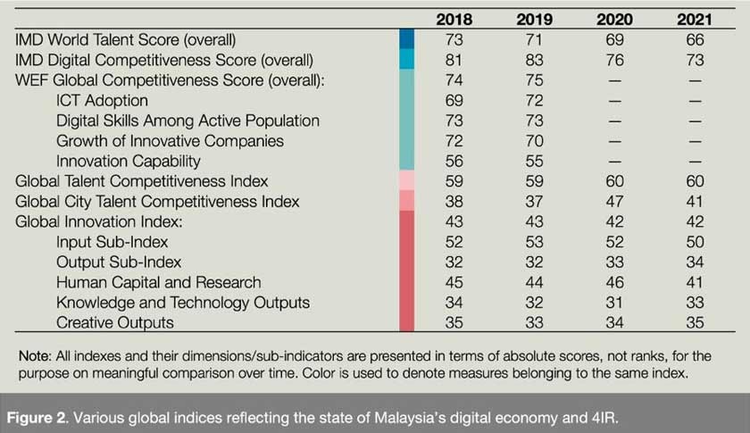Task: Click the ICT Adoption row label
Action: (x=102, y=101)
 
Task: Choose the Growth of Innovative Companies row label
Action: (x=170, y=141)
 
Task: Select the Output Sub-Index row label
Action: (x=119, y=262)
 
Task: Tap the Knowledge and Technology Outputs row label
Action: (x=183, y=303)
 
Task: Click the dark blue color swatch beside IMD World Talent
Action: (x=406, y=39)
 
